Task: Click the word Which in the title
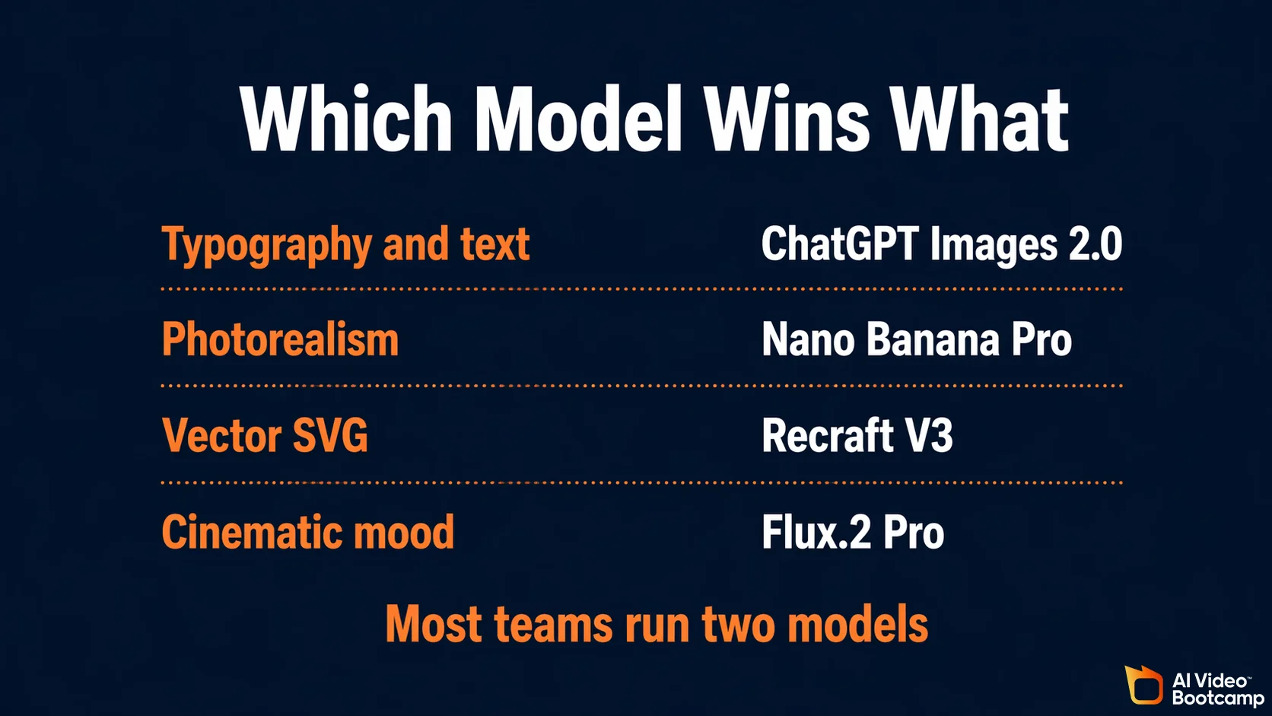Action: pos(346,119)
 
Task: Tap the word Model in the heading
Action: pos(578,119)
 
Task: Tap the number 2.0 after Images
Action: pos(1095,244)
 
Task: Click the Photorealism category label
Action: pos(280,339)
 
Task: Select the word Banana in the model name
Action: pos(933,339)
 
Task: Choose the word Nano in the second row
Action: pos(808,339)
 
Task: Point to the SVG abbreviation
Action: pos(330,436)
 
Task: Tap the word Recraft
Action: pos(828,436)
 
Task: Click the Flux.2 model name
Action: pos(816,532)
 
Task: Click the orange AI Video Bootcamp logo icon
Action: pos(1143,685)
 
